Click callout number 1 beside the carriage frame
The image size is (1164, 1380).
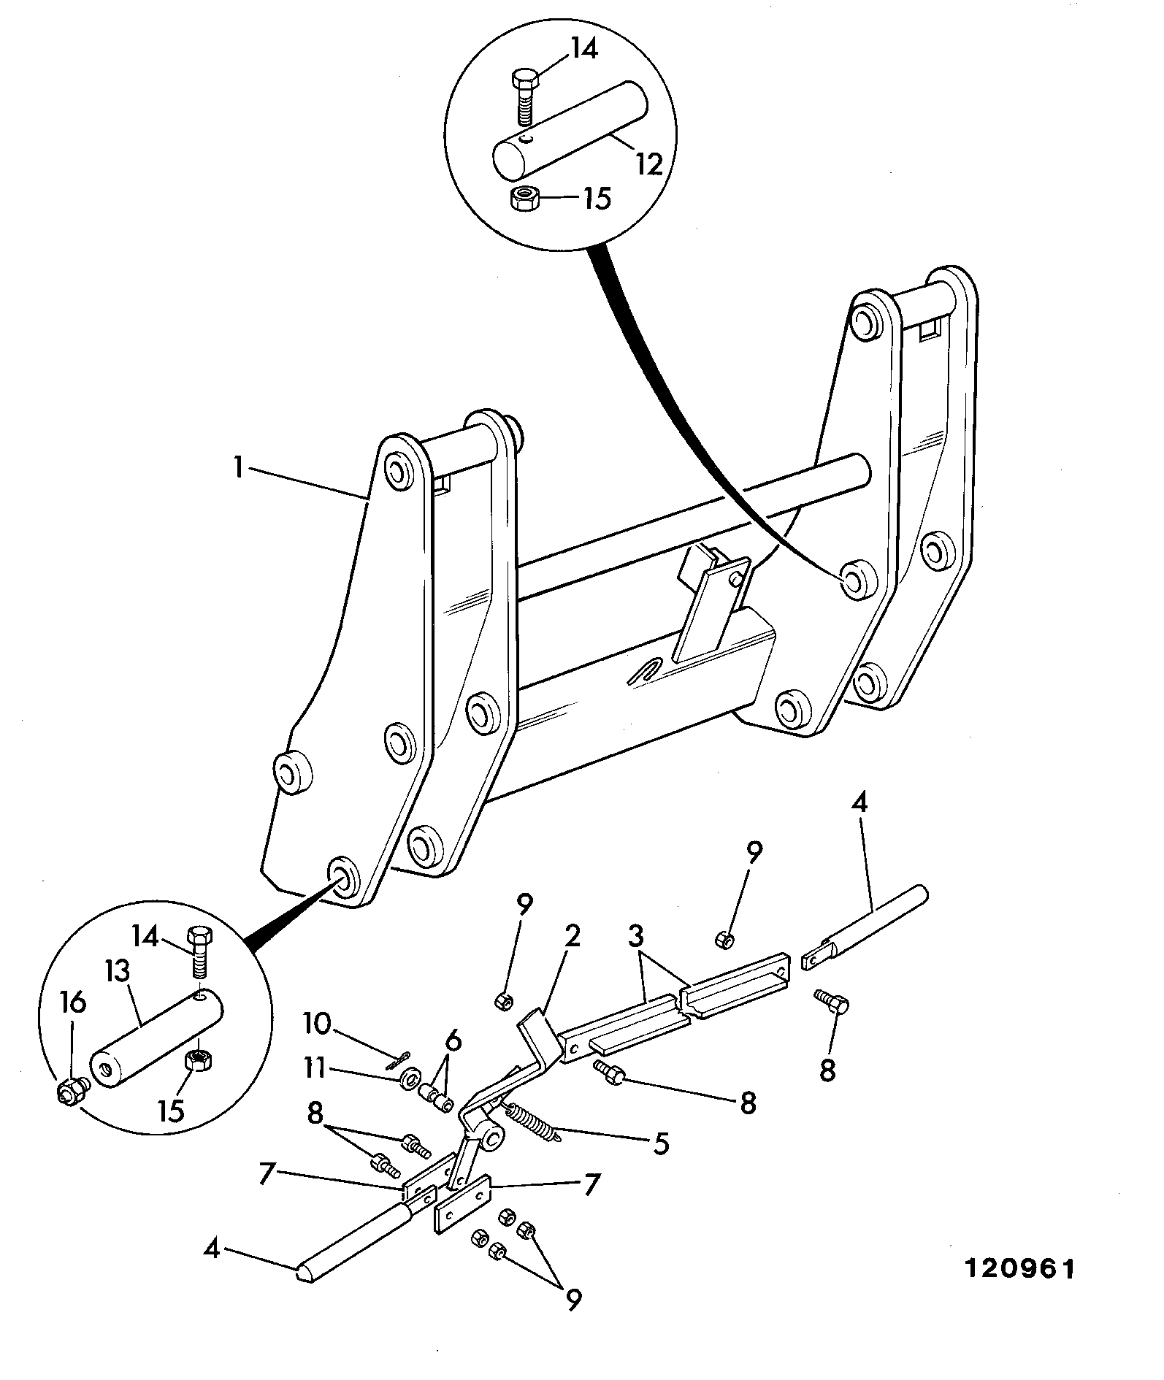click(238, 467)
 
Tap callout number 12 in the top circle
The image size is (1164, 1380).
click(648, 164)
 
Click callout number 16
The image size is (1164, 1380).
click(73, 1004)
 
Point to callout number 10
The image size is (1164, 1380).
click(318, 1024)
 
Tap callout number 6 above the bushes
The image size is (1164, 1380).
click(453, 1041)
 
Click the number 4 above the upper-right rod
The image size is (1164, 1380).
click(859, 803)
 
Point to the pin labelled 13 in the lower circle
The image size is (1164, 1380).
click(156, 1035)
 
